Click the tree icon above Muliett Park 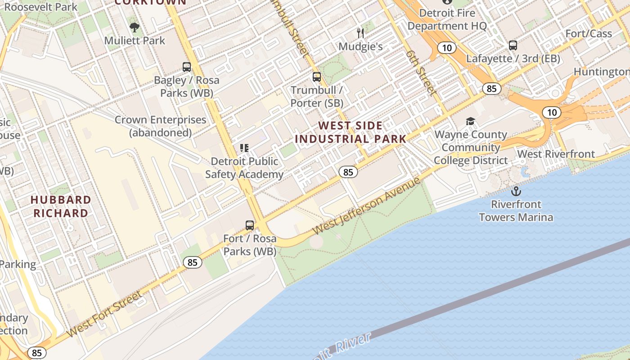click(134, 27)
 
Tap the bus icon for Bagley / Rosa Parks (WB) click(187, 67)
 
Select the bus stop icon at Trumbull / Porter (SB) click(317, 77)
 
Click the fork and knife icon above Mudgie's click(360, 33)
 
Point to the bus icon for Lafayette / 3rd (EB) click(513, 45)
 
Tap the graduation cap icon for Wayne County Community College click(470, 121)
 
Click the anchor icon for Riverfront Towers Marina click(516, 191)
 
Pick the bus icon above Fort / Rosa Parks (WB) click(250, 225)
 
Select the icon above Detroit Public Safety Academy click(244, 148)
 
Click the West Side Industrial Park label click(351, 132)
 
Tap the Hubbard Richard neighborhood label click(61, 206)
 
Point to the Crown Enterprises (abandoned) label click(160, 126)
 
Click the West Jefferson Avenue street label click(367, 206)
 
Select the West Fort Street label click(105, 314)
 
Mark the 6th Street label click(421, 72)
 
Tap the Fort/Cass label click(589, 34)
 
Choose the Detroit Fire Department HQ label click(447, 19)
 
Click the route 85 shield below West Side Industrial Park click(348, 172)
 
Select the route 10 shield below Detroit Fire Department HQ click(447, 48)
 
